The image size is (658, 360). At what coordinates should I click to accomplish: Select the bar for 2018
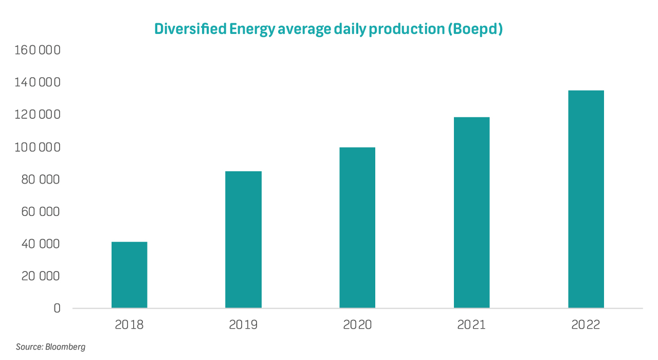(129, 275)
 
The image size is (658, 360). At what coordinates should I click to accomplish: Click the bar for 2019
(243, 240)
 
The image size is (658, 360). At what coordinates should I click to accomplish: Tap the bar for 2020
(357, 228)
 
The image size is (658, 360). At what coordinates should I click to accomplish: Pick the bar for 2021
(471, 212)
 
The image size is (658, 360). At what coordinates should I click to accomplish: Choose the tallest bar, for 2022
(586, 199)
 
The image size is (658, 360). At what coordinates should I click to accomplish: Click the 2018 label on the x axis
(129, 325)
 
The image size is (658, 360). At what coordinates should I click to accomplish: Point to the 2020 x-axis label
(357, 325)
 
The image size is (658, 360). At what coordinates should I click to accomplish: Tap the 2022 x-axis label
(586, 325)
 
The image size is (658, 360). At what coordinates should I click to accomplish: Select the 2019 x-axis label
(243, 325)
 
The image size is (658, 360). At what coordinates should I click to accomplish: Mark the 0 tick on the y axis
(57, 309)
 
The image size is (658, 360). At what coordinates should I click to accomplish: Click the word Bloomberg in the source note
(65, 347)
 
